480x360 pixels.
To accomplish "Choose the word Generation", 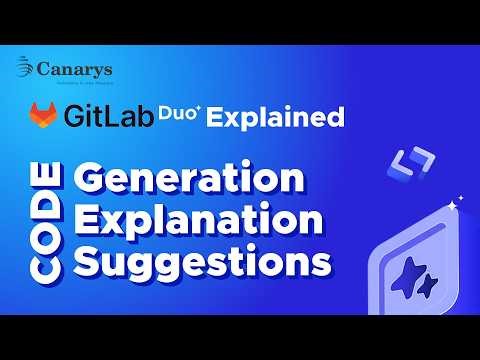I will coord(189,180).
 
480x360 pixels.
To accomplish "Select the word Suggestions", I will coord(203,263).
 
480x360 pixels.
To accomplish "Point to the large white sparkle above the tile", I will coord(451,205).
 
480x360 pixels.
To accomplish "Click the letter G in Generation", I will coord(92,180).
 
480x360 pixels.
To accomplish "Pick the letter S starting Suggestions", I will coord(90,263).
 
